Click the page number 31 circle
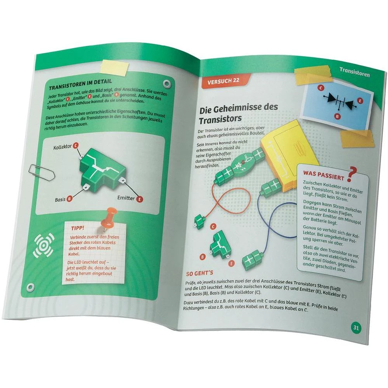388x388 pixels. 356,327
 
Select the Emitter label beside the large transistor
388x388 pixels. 126,198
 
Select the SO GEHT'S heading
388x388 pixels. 199,273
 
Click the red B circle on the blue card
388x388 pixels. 338,116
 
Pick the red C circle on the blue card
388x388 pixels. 321,88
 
